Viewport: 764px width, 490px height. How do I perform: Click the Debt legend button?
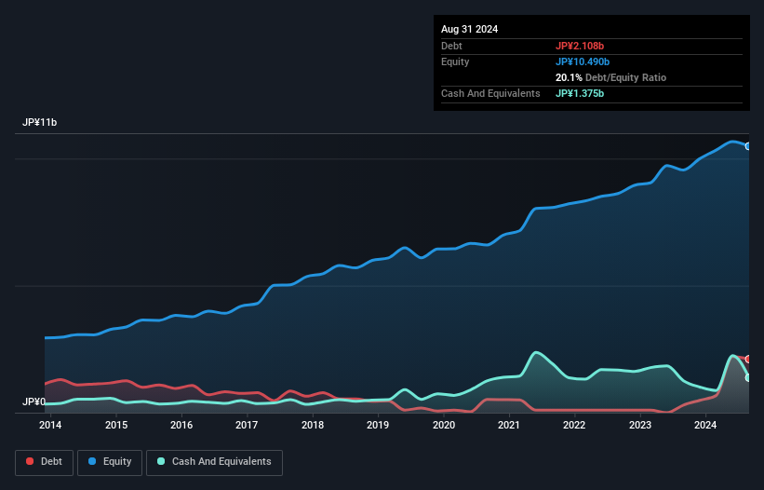click(43, 461)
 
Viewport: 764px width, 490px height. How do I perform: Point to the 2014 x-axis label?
click(50, 426)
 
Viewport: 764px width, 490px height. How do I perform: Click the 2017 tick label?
click(247, 426)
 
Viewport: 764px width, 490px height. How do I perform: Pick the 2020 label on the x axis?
click(444, 426)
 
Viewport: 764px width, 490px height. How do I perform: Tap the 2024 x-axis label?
click(705, 426)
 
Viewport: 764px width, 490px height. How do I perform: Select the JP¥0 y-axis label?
click(34, 402)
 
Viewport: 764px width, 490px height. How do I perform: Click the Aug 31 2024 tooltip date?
click(469, 29)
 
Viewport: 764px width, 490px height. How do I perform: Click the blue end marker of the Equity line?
click(747, 146)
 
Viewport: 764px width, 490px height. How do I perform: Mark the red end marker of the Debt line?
click(747, 359)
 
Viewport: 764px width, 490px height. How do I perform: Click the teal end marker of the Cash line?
click(747, 377)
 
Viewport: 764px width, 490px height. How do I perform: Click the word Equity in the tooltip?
click(455, 61)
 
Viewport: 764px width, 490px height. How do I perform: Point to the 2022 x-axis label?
click(574, 426)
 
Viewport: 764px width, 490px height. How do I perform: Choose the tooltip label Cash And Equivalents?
click(490, 93)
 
